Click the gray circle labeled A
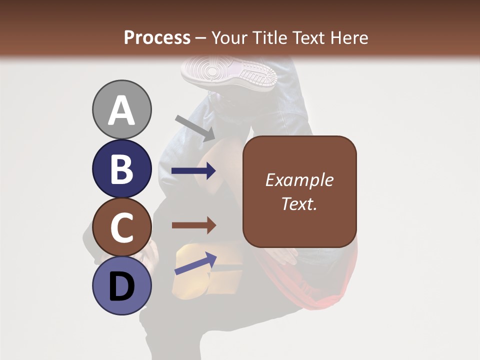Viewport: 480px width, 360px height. click(x=122, y=109)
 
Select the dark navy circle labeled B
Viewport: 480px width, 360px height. click(x=122, y=169)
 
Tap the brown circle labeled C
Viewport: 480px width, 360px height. click(x=122, y=227)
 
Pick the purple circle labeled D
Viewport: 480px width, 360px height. click(x=122, y=285)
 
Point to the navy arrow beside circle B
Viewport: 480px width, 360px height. click(x=193, y=170)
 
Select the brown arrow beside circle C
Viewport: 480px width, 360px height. click(x=193, y=225)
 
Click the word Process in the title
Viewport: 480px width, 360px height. click(x=157, y=37)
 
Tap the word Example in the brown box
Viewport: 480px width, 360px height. click(x=299, y=180)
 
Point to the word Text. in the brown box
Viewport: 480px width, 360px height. click(x=299, y=203)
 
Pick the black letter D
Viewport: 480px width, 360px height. click(x=122, y=286)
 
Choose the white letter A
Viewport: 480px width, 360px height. click(x=122, y=110)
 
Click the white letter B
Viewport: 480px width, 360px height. click(x=122, y=169)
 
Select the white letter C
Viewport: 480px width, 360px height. click(x=122, y=228)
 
